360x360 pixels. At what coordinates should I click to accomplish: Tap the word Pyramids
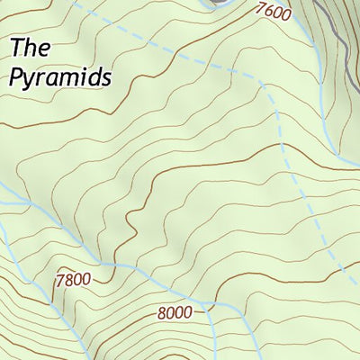[60, 77]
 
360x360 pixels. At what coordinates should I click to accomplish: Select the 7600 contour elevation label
[274, 12]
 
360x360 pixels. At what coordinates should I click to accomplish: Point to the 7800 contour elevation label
[73, 279]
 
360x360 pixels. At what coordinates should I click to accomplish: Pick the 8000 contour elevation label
[175, 313]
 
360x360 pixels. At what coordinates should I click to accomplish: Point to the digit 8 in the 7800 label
[69, 279]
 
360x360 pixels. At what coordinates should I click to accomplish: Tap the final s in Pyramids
[105, 77]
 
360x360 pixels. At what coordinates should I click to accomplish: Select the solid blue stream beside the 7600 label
[306, 36]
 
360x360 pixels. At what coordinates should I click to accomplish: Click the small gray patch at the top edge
[216, 3]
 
